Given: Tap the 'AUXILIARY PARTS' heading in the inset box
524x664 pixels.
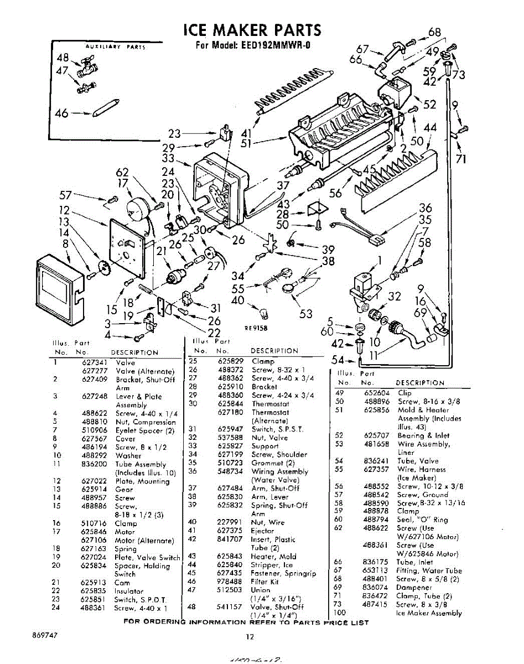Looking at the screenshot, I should pos(116,48).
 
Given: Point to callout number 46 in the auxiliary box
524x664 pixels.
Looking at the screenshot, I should pos(62,113).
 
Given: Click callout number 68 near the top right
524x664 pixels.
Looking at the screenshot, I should pos(435,32).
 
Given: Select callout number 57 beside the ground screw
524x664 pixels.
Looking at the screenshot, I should pos(65,195).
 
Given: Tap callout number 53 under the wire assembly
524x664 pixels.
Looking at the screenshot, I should pos(305,314).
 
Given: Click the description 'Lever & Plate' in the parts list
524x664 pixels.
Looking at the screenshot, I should pos(139,397).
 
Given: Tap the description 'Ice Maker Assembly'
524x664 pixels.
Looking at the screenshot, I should pos(429,613).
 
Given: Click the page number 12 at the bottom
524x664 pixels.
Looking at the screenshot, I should pos(250,637).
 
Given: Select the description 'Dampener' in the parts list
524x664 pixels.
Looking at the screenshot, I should pos(414,587).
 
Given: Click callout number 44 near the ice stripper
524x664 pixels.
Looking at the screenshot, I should pos(430,128).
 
